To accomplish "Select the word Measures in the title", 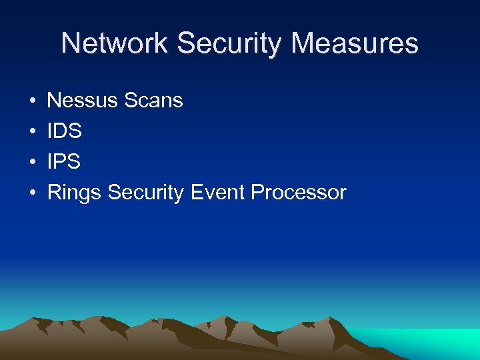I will coord(355,44).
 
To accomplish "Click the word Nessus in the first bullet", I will coord(83,101).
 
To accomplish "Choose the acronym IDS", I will coord(65,131).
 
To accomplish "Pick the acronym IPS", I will coord(64,162).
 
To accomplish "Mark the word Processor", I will coord(299,193).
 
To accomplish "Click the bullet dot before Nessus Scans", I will coord(32,101).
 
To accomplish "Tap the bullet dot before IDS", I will coord(32,132).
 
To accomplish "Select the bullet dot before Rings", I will coord(32,193).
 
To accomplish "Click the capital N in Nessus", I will coord(54,101).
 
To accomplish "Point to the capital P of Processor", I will coord(257,193).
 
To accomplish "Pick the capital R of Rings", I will coord(54,193).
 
